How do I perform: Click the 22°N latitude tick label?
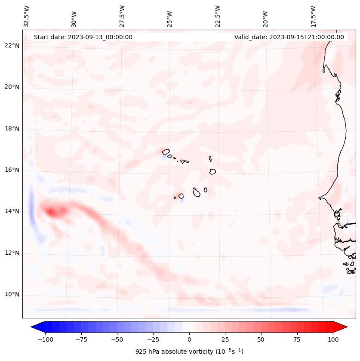(x=12, y=46)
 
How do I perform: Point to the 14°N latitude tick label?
(x=12, y=211)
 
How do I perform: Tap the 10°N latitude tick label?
(x=12, y=294)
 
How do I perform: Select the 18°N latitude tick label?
(x=12, y=129)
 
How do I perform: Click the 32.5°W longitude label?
(x=27, y=16)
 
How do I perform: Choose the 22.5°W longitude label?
(x=218, y=16)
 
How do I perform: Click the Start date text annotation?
(x=83, y=37)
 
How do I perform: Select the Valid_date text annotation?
(x=289, y=37)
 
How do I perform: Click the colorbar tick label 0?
(x=189, y=339)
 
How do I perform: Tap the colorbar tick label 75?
(x=297, y=339)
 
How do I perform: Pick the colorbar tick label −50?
(x=117, y=339)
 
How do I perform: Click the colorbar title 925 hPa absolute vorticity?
(x=189, y=352)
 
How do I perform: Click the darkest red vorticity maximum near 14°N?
(x=52, y=211)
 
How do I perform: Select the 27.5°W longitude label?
(x=122, y=16)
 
